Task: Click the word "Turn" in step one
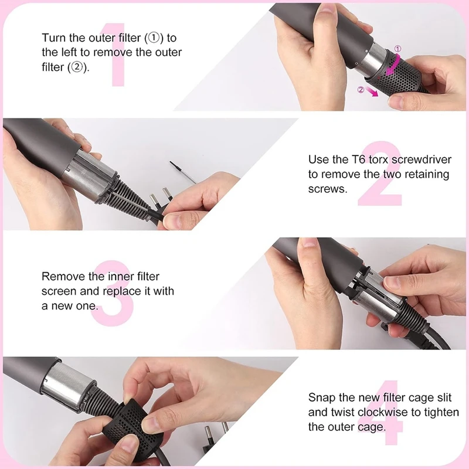(53, 38)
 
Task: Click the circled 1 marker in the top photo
(398, 49)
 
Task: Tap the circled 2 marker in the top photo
(361, 90)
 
